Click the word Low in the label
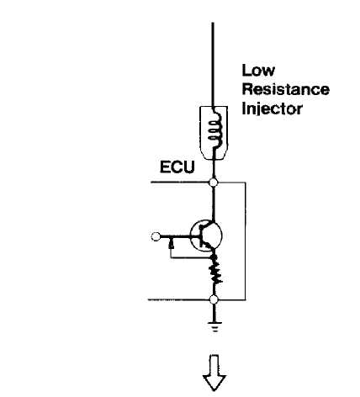pyautogui.click(x=258, y=70)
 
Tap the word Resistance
pyautogui.click(x=285, y=89)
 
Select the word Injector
pyautogui.click(x=272, y=109)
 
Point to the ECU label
pyautogui.click(x=177, y=167)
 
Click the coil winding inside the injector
pyautogui.click(x=214, y=131)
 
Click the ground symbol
pyautogui.click(x=214, y=326)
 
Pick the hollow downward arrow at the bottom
pyautogui.click(x=214, y=373)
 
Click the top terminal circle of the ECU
pyautogui.click(x=214, y=183)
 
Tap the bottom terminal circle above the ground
pyautogui.click(x=214, y=299)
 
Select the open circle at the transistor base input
pyautogui.click(x=156, y=236)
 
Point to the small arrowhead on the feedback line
pyautogui.click(x=171, y=245)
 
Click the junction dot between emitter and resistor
pyautogui.click(x=214, y=257)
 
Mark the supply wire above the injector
pyautogui.click(x=213, y=65)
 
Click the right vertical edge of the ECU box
pyautogui.click(x=246, y=241)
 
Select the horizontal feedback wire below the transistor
pyautogui.click(x=191, y=257)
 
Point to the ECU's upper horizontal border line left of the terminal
pyautogui.click(x=180, y=183)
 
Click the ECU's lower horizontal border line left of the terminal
pyautogui.click(x=179, y=299)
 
